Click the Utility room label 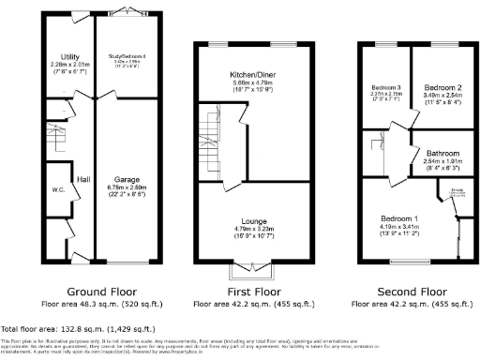(69, 57)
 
